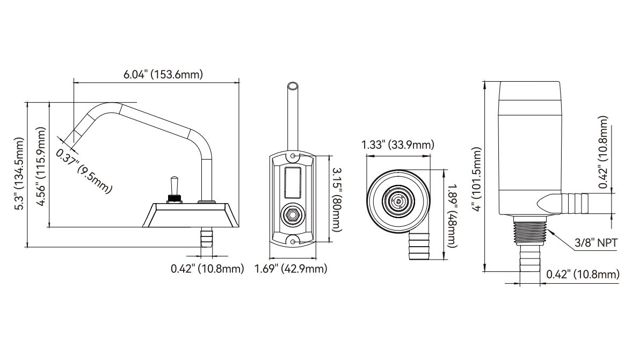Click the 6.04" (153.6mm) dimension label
163,75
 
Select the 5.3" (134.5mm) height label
19,174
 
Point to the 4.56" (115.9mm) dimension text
41,167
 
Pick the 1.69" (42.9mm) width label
290,269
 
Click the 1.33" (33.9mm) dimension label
398,145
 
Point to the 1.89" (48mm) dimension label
453,215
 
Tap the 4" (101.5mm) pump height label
478,179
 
